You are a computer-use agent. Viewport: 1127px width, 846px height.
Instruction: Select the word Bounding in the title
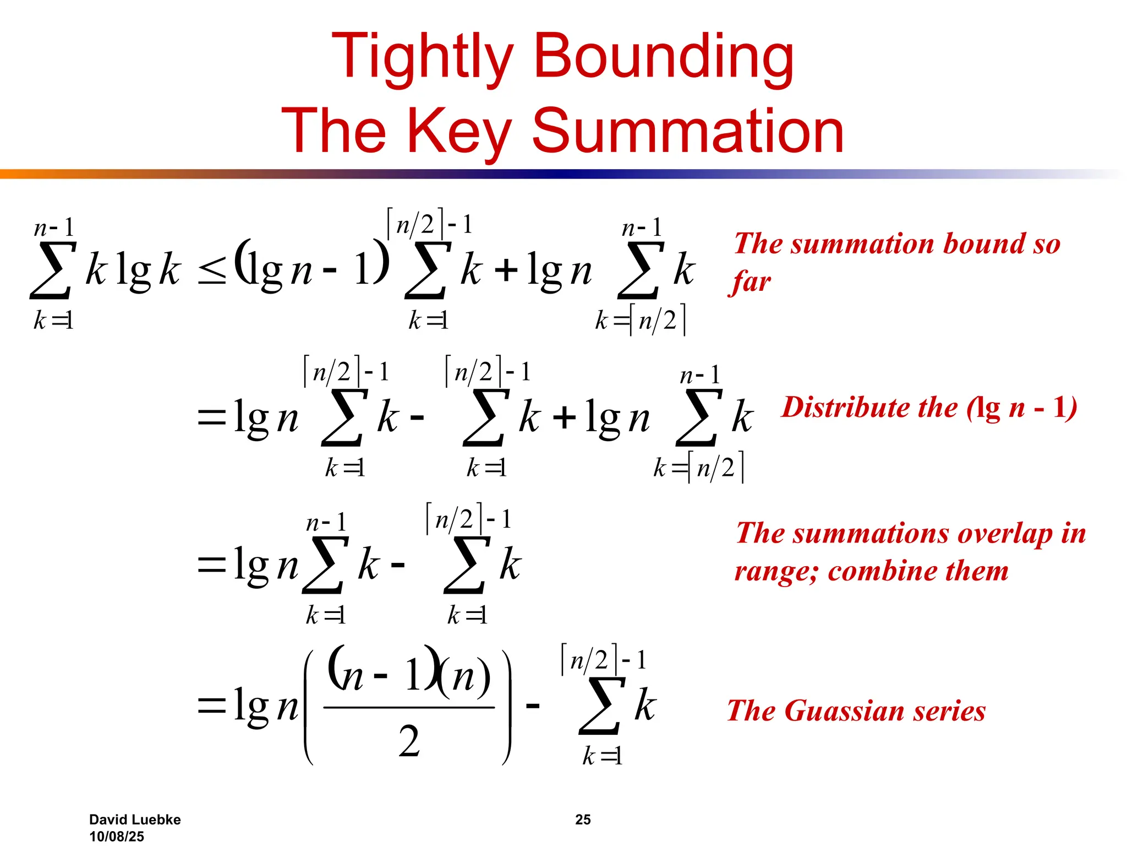click(664, 56)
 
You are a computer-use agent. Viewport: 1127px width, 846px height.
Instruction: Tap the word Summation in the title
click(688, 131)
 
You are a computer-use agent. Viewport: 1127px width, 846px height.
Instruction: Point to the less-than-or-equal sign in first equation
click(212, 272)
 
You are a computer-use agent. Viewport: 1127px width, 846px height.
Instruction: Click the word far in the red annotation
click(752, 282)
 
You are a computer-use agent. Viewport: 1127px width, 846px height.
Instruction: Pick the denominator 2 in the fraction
click(409, 741)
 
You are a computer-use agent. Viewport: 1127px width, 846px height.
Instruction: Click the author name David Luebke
click(135, 820)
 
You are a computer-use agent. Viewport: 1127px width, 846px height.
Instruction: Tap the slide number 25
click(583, 820)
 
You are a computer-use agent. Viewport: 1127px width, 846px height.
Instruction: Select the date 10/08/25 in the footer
click(117, 836)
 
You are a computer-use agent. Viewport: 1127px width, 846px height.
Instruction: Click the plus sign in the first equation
click(506, 270)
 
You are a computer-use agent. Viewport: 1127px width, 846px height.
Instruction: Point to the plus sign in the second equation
click(565, 417)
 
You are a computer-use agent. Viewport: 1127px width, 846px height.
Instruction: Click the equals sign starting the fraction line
click(212, 706)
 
